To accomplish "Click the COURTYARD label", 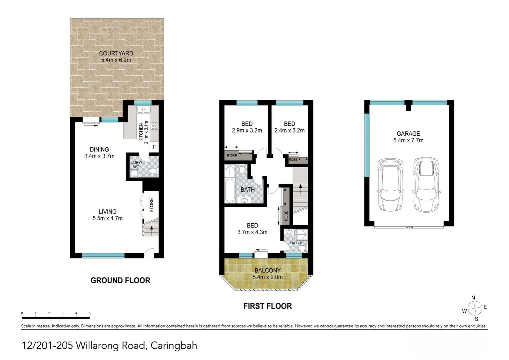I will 116,53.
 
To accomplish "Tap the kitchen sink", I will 144,110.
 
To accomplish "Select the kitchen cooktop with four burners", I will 155,126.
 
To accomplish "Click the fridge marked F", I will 154,147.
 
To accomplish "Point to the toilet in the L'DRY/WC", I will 153,171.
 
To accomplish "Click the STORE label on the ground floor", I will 152,205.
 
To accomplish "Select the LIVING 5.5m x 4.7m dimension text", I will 108,218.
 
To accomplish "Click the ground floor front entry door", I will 149,253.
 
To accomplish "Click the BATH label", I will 248,190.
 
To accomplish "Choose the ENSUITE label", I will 296,243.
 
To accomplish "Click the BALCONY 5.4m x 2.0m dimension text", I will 267,277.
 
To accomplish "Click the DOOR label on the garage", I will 409,228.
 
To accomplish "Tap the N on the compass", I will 473,298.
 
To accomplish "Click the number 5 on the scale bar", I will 90,313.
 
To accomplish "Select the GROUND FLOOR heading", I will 120,281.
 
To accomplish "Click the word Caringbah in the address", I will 174,345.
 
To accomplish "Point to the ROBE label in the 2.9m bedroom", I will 232,156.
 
